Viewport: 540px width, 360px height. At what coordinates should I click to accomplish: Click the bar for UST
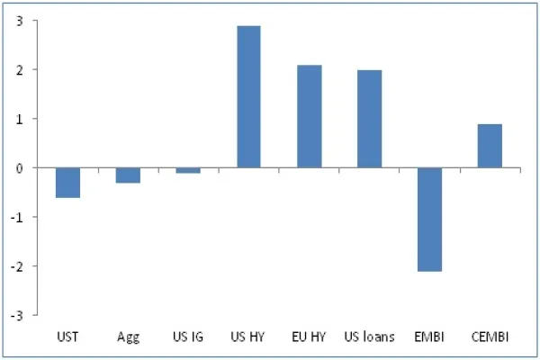67,183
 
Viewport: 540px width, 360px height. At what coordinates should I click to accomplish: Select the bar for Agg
128,175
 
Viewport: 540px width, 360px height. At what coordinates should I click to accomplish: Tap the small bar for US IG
188,170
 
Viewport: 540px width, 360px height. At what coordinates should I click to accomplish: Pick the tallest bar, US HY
248,97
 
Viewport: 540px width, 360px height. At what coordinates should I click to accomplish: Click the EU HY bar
309,116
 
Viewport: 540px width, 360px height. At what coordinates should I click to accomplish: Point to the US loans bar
369,119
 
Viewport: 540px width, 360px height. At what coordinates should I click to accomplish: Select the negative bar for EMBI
429,220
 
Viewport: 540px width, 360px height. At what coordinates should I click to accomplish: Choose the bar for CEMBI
490,146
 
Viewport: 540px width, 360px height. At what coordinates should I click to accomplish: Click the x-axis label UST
67,337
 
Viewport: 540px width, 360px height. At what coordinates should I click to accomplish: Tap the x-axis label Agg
128,337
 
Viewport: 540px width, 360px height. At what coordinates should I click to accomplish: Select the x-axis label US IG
188,337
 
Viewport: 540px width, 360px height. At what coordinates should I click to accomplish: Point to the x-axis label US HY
248,337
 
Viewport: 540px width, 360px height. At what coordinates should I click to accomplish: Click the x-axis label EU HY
309,337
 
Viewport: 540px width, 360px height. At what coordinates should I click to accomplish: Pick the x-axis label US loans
369,337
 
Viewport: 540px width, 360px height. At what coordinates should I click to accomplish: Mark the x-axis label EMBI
429,337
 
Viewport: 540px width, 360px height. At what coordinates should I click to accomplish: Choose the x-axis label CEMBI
490,337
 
